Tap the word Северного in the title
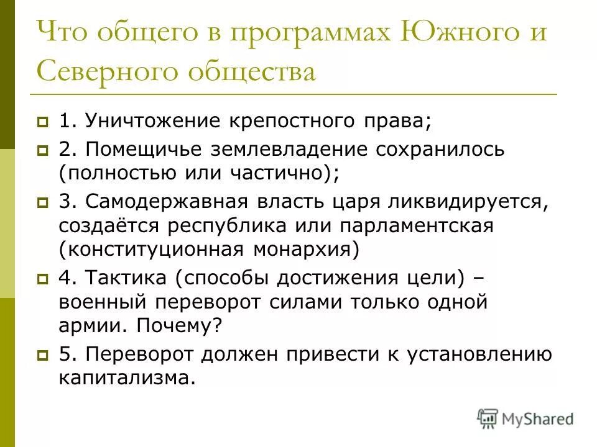pyautogui.click(x=113, y=72)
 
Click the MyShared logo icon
pyautogui.click(x=488, y=418)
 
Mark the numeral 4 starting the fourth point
pyautogui.click(x=65, y=278)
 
